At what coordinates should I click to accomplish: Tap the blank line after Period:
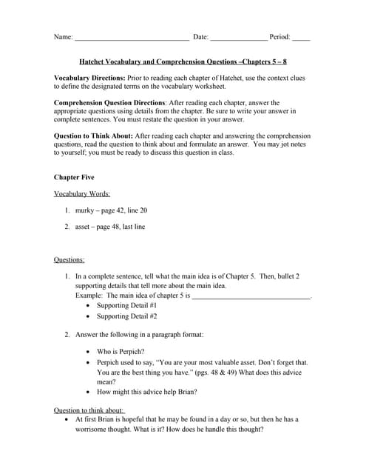point(301,36)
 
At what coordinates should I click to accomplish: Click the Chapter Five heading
point(74,178)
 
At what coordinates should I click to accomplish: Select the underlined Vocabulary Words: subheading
point(82,194)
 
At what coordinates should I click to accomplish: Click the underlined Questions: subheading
point(70,260)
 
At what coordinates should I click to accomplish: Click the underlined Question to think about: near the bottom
point(89,410)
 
